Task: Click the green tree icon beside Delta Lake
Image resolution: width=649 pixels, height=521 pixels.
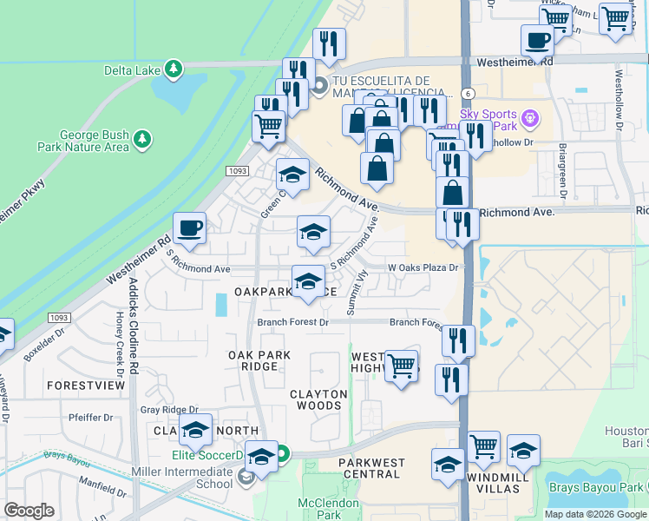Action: (x=174, y=69)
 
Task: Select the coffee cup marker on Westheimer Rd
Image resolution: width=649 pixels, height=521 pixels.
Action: (x=189, y=229)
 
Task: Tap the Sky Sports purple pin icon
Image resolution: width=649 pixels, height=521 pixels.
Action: (x=531, y=116)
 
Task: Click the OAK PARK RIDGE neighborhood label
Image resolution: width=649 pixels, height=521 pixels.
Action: (x=253, y=360)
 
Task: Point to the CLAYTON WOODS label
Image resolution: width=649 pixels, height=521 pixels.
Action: (x=318, y=399)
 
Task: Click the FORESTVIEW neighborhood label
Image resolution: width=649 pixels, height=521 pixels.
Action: (x=86, y=385)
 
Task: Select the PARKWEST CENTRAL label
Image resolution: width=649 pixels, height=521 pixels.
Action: (x=370, y=468)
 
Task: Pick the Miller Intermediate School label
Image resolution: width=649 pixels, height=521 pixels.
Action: (x=190, y=477)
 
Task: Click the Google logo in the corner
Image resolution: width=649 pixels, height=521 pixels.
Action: (x=29, y=511)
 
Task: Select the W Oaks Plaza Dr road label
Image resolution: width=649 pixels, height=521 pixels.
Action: (x=422, y=267)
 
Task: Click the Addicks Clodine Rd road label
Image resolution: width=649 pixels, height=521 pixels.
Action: (x=134, y=326)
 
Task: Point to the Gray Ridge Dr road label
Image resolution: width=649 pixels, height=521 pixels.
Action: (x=169, y=410)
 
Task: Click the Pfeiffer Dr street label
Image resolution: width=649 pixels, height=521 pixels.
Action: (x=91, y=418)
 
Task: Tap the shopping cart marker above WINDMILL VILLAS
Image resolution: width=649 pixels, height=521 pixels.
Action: (x=484, y=446)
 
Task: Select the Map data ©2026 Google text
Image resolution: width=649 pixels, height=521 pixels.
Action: (x=594, y=514)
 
